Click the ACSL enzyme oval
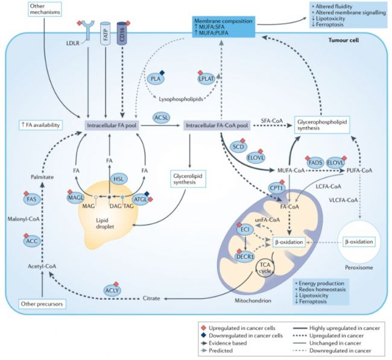point(162,118)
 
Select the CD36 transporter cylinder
point(122,34)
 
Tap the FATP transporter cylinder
point(106,34)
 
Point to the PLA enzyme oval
point(156,79)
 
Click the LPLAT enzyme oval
point(206,79)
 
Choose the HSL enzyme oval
point(119,178)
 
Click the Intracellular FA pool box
point(112,125)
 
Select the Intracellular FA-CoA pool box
point(217,125)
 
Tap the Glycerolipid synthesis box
point(188,179)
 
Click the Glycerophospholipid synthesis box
point(322,125)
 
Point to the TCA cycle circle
point(265,268)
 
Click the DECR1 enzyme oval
point(245,256)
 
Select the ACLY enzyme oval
point(112,290)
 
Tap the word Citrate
point(151,298)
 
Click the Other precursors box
point(42,304)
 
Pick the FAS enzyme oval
point(31,199)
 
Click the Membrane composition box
point(224,27)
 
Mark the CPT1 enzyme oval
point(276,188)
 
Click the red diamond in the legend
point(204,328)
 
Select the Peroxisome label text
point(359,268)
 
